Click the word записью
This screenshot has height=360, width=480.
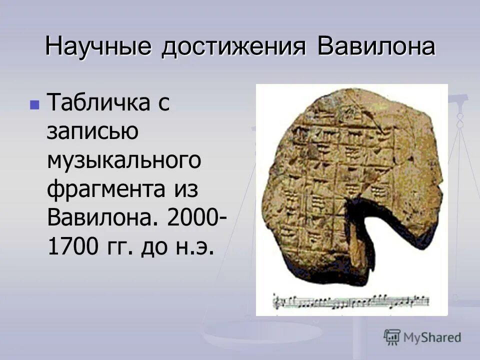pos(92,132)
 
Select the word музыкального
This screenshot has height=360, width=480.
pos(124,161)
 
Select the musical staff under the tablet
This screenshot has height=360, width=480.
pos(350,301)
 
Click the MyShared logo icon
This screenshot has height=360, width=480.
pos(392,337)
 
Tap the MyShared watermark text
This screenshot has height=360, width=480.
pos(432,337)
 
